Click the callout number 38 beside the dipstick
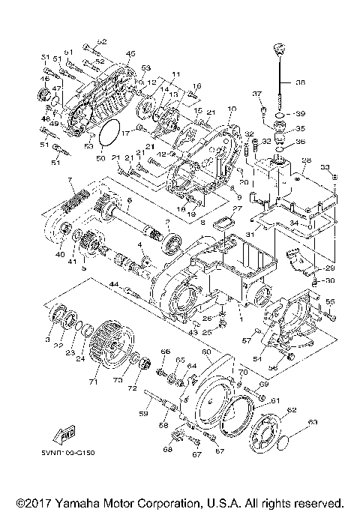coord(301,83)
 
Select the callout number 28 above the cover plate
coord(305,160)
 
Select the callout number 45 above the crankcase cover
coord(130,53)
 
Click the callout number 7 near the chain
coord(70,180)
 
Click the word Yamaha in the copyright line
coord(99,502)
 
